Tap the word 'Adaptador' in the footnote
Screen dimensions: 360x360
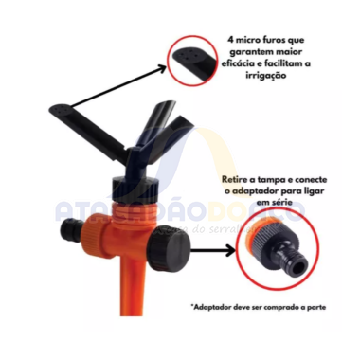point(219,308)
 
